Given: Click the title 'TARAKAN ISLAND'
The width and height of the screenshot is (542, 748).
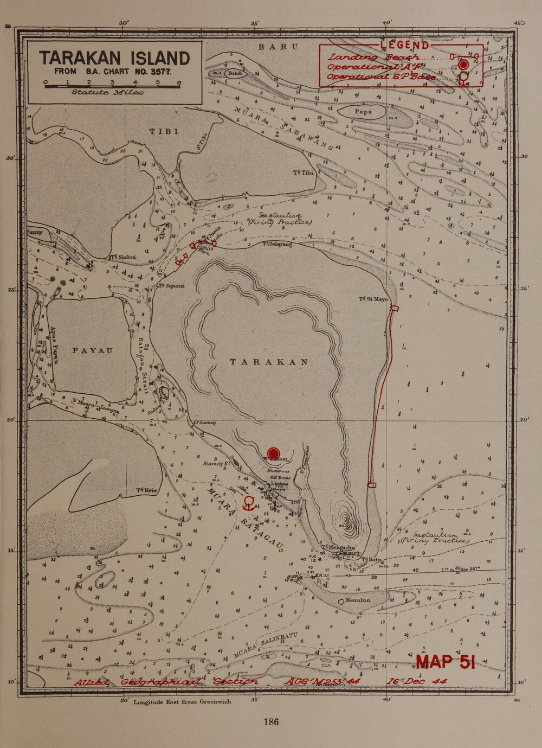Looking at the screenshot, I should pos(114,58).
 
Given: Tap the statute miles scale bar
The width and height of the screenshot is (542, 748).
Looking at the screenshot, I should pos(112,84).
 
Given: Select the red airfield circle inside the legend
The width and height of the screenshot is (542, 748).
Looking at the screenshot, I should pos(463,65).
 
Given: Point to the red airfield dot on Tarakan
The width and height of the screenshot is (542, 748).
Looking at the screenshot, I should pos(274,453).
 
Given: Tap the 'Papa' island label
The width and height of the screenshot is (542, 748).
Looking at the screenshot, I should pos(363,112).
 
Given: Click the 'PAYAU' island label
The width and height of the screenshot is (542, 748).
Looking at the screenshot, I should pos(94,350).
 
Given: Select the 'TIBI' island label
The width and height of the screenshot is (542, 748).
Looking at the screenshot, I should pos(164,131).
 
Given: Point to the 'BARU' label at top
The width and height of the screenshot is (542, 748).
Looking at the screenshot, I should pos(278,47).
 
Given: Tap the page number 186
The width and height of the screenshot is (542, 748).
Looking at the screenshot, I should pos(271,721).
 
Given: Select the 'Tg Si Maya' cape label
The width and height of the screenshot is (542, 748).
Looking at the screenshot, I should pos(374,299).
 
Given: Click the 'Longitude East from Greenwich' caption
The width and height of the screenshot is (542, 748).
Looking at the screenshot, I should pos(182,701).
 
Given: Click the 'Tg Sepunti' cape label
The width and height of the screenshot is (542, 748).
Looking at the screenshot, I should pos(172,285).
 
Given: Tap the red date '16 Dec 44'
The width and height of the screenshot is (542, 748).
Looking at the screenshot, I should pos(416,681).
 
